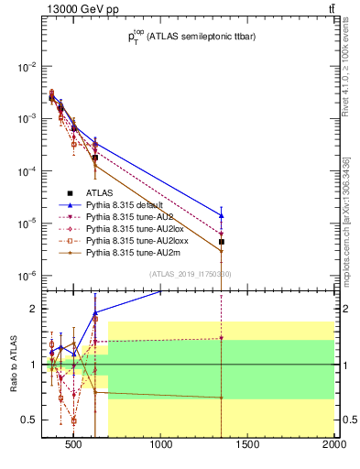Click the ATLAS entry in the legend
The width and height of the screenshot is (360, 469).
(x=101, y=192)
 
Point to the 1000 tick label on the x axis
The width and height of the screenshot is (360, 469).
(x=161, y=446)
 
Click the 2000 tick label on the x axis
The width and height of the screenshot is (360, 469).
(x=334, y=446)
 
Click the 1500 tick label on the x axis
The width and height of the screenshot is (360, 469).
(x=248, y=446)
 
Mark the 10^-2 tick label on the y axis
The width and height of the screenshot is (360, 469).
(x=26, y=67)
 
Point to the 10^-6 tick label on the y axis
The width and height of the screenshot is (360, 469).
(x=26, y=276)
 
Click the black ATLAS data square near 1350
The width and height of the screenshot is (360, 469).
(x=222, y=242)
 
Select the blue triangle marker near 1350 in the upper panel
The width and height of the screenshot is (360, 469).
(x=222, y=215)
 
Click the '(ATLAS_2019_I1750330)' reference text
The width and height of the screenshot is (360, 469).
(x=191, y=274)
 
